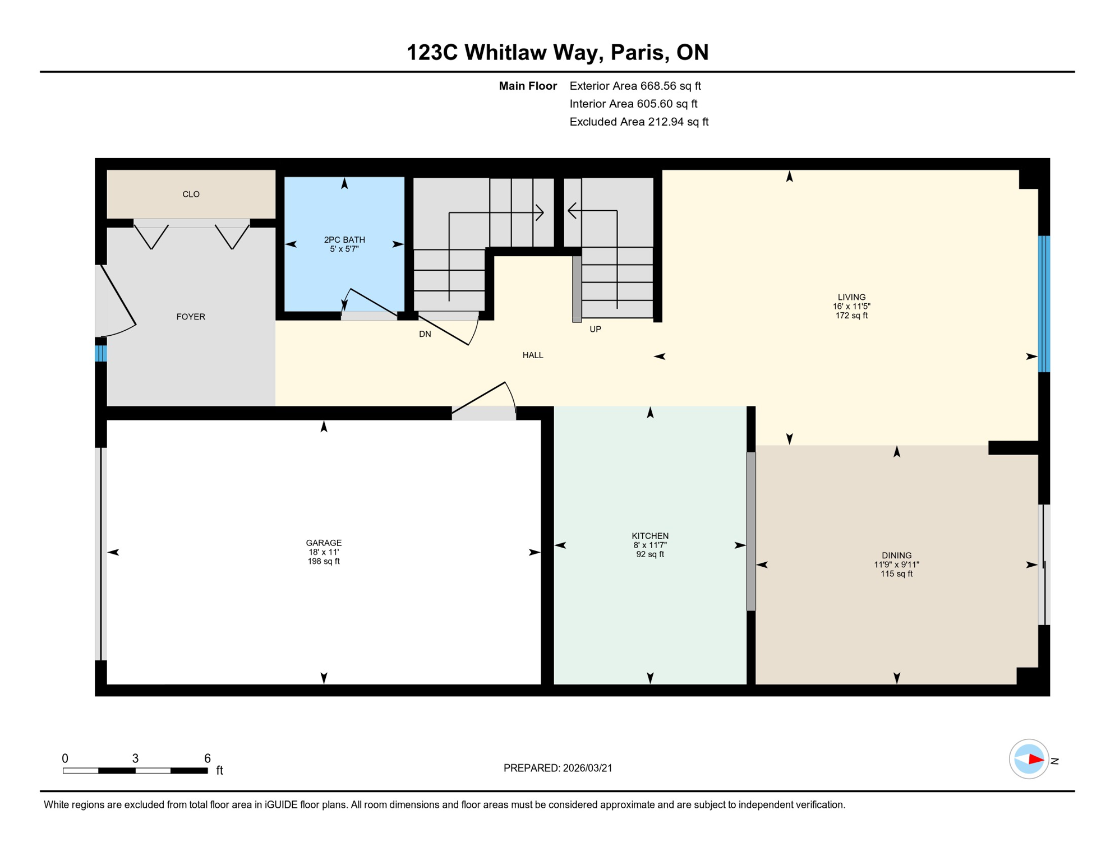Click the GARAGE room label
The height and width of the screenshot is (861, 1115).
(x=324, y=543)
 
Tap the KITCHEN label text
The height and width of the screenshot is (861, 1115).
(x=650, y=536)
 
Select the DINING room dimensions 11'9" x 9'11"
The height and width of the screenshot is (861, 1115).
(x=896, y=564)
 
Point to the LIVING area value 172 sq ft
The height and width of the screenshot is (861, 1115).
(x=851, y=316)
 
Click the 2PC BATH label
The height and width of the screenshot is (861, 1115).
(x=344, y=240)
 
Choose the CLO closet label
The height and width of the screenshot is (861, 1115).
(x=191, y=195)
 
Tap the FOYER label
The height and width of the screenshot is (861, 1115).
(x=191, y=317)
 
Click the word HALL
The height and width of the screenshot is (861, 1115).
(x=533, y=355)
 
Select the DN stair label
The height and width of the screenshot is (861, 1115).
(x=425, y=334)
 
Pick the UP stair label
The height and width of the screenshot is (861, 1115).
(x=595, y=329)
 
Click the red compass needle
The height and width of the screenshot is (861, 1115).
(x=1035, y=760)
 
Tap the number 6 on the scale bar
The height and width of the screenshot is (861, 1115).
(x=207, y=758)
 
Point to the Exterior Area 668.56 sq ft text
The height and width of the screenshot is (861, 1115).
(x=635, y=86)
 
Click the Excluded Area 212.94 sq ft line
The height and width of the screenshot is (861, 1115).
(x=639, y=122)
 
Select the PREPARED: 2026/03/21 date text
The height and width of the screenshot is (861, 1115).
(x=557, y=768)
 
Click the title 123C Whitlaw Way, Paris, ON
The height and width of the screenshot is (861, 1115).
(x=557, y=52)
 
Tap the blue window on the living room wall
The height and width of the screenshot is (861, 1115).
(x=1044, y=304)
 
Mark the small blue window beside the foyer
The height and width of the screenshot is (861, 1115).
(x=100, y=354)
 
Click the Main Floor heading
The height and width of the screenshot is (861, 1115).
(x=528, y=86)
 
